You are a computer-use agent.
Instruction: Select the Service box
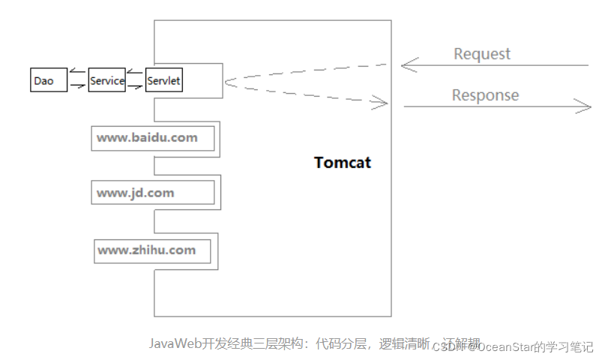(x=106, y=81)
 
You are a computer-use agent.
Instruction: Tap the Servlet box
(x=164, y=81)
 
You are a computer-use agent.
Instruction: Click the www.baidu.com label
(x=147, y=138)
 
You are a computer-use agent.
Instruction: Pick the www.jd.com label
(x=135, y=193)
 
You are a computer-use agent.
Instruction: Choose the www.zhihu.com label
(x=146, y=250)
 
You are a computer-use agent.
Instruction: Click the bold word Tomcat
(x=343, y=163)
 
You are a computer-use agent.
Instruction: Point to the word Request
(x=482, y=54)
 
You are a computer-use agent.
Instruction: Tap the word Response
(x=485, y=95)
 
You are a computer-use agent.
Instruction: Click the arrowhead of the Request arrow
(x=407, y=65)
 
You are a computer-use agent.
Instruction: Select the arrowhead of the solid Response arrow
(x=584, y=106)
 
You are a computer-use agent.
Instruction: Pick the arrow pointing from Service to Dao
(x=77, y=73)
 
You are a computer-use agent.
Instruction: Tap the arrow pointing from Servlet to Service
(x=135, y=73)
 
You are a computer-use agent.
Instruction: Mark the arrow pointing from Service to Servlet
(x=135, y=87)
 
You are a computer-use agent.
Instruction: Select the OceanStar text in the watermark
(x=506, y=346)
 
